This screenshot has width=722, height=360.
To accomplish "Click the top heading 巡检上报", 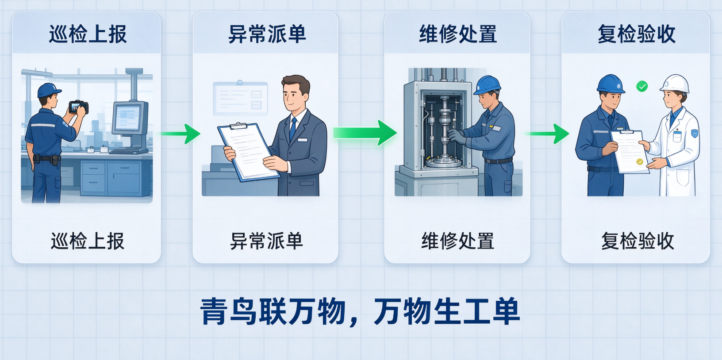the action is pyautogui.click(x=88, y=34).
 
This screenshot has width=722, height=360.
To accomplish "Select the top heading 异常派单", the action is pyautogui.click(x=267, y=34).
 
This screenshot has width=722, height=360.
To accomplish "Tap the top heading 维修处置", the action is pyautogui.click(x=458, y=34).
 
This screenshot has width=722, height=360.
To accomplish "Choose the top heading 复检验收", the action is pyautogui.click(x=637, y=34).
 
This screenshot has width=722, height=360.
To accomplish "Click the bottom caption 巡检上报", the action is pyautogui.click(x=87, y=241).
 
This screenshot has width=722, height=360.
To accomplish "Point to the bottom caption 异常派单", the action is pyautogui.click(x=267, y=241).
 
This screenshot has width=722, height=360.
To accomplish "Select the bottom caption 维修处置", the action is pyautogui.click(x=458, y=241).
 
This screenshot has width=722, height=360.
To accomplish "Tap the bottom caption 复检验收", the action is pyautogui.click(x=638, y=241).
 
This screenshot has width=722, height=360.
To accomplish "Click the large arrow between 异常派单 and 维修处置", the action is pyautogui.click(x=365, y=133).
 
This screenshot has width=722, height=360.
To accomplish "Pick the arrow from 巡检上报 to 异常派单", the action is pyautogui.click(x=180, y=134).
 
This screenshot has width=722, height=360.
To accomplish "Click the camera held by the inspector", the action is pyautogui.click(x=78, y=107).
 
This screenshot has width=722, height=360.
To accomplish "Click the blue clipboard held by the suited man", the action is pyautogui.click(x=249, y=152).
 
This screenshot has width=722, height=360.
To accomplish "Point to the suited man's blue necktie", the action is pyautogui.click(x=293, y=128).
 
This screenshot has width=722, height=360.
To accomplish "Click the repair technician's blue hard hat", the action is pyautogui.click(x=487, y=85).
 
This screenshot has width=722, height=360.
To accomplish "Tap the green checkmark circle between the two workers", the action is pyautogui.click(x=642, y=86).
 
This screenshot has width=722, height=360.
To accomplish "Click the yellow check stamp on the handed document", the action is pyautogui.click(x=640, y=162).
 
